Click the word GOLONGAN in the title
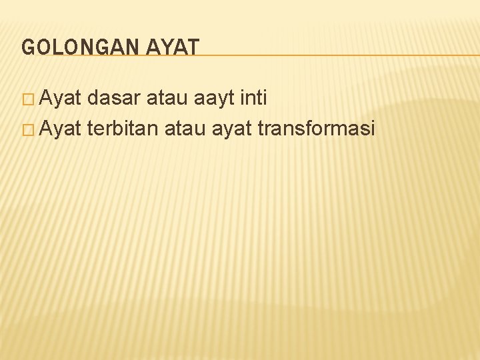pyautogui.click(x=75, y=47)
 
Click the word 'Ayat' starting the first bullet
pyautogui.click(x=60, y=99)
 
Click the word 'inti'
pyautogui.click(x=254, y=99)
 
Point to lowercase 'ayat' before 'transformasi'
pyautogui.click(x=233, y=127)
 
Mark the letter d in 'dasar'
pyautogui.click(x=92, y=99)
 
